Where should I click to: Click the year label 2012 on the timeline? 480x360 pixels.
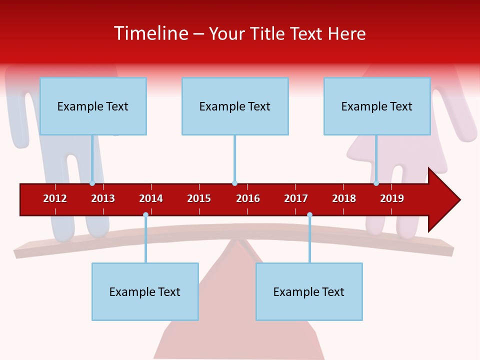pyautogui.click(x=55, y=198)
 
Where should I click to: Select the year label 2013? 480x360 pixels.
pyautogui.click(x=103, y=198)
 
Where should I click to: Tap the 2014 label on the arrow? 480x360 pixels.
pyautogui.click(x=151, y=198)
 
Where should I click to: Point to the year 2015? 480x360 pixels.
pyautogui.click(x=199, y=198)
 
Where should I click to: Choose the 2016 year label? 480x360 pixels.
pyautogui.click(x=248, y=198)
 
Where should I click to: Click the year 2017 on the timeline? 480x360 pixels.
pyautogui.click(x=296, y=198)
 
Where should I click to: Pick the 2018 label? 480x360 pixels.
pyautogui.click(x=344, y=198)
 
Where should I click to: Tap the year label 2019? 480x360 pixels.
pyautogui.click(x=392, y=198)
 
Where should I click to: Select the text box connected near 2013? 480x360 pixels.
pyautogui.click(x=93, y=106)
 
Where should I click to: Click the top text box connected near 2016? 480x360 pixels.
pyautogui.click(x=235, y=106)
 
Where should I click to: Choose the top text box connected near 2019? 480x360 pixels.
pyautogui.click(x=377, y=106)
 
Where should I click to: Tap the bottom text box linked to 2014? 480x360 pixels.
pyautogui.click(x=145, y=291)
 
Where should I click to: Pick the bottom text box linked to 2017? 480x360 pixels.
pyautogui.click(x=309, y=291)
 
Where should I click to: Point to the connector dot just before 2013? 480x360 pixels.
pyautogui.click(x=92, y=183)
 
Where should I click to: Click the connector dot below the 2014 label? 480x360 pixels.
pyautogui.click(x=145, y=214)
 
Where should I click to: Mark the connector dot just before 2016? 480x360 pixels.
pyautogui.click(x=234, y=183)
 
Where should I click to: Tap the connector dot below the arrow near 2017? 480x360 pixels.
pyautogui.click(x=309, y=214)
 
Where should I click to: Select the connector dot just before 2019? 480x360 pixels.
pyautogui.click(x=376, y=183)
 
